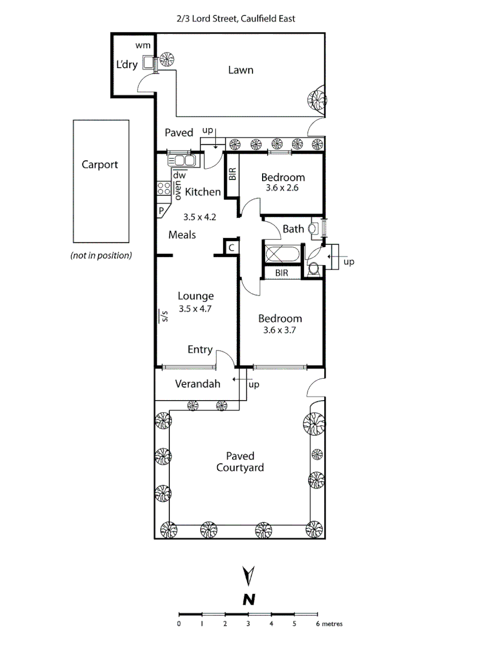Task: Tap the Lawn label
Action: coord(241,70)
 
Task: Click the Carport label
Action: coord(100,165)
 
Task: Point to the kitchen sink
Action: coord(182,160)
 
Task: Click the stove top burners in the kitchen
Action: coord(163,189)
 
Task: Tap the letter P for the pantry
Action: coord(162,211)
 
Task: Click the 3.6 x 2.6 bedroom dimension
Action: coord(283,187)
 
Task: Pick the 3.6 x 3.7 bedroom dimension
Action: coord(280,330)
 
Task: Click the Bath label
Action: coord(293,229)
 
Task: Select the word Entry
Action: coord(200,349)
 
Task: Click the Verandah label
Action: coord(197,384)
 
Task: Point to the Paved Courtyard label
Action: coord(240,462)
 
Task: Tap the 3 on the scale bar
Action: coord(248,624)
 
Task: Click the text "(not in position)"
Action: coord(101,255)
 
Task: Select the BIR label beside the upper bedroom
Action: coord(233,174)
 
